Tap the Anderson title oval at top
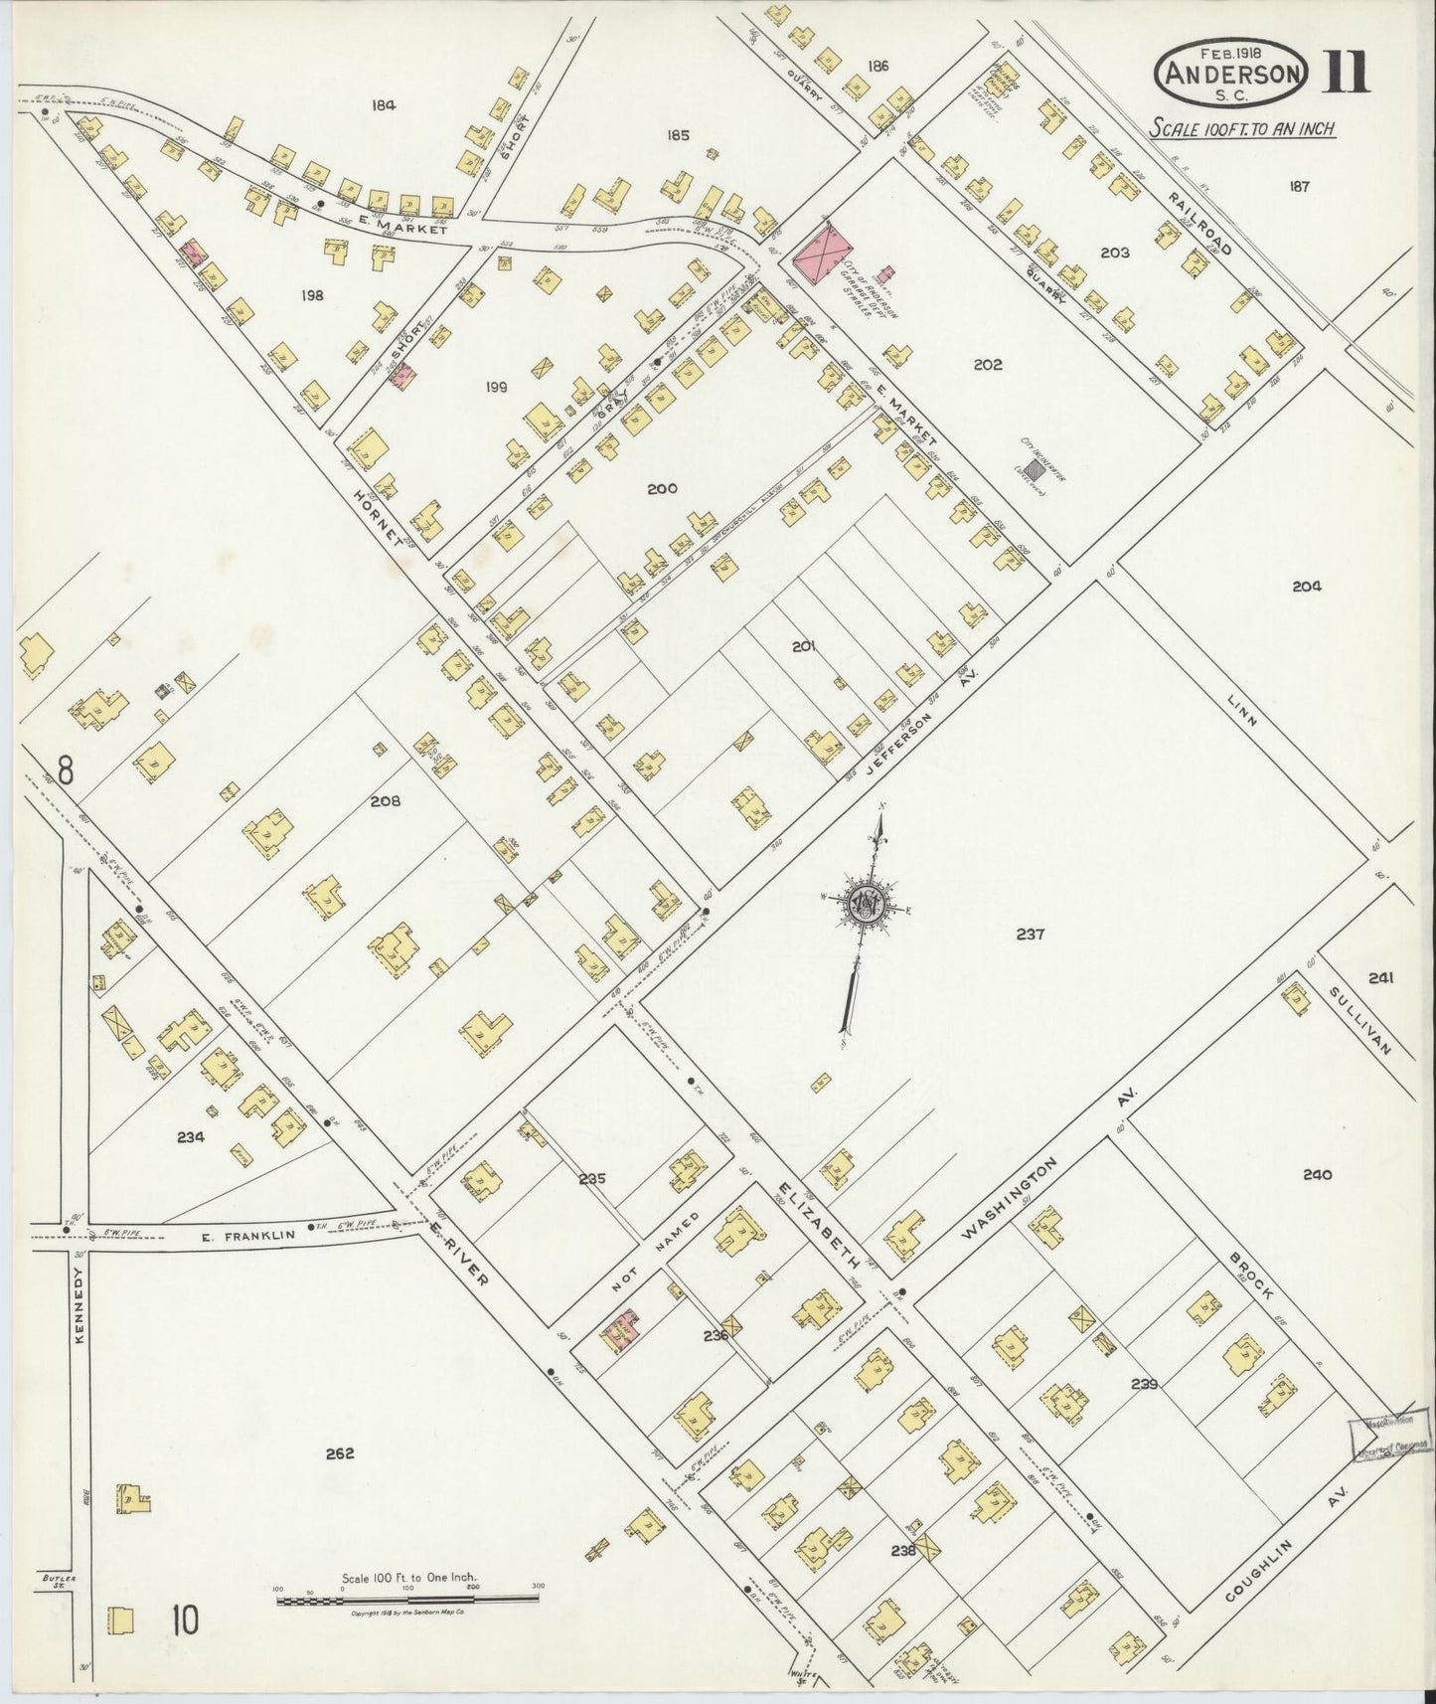click(x=1231, y=73)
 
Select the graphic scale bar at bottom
click(x=407, y=1599)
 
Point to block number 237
click(x=1031, y=935)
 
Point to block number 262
click(x=340, y=1453)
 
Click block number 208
click(x=385, y=800)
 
